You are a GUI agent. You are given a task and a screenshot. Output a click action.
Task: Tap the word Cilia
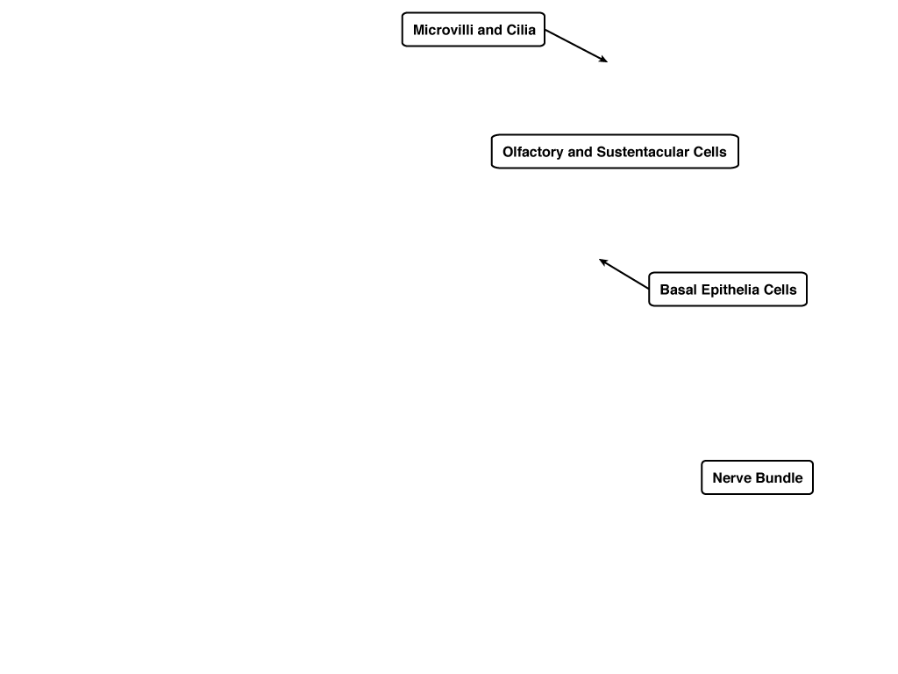pyautogui.click(x=521, y=30)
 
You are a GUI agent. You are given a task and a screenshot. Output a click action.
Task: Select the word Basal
pyautogui.click(x=678, y=290)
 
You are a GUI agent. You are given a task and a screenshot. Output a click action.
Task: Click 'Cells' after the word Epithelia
pyautogui.click(x=780, y=290)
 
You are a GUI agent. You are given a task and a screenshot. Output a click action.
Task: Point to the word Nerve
pyautogui.click(x=730, y=478)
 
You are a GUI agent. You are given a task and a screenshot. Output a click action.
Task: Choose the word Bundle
pyautogui.click(x=777, y=478)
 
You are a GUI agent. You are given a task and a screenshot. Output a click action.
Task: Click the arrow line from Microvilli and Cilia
pyautogui.click(x=576, y=46)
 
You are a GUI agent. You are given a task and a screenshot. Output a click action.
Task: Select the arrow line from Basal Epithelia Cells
pyautogui.click(x=624, y=274)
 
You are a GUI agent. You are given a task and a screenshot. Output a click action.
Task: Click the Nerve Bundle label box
pyautogui.click(x=757, y=477)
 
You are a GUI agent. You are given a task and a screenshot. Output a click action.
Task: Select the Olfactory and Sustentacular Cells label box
pyautogui.click(x=615, y=151)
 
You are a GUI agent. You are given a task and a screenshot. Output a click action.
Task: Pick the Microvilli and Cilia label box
pyautogui.click(x=474, y=29)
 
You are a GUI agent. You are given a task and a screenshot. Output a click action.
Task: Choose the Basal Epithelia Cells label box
pyautogui.click(x=728, y=290)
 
